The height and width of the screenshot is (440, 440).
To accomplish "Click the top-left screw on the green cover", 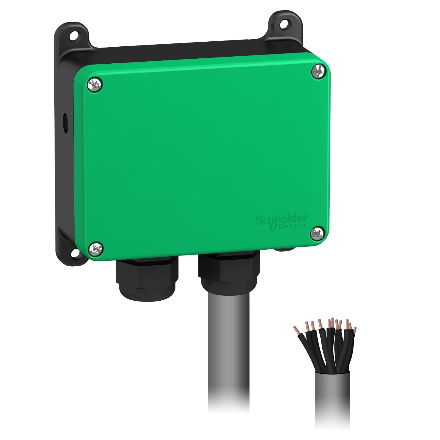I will point(95,84).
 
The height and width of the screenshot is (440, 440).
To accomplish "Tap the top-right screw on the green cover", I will point(318,72).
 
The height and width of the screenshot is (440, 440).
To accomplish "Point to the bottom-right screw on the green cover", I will point(317,233).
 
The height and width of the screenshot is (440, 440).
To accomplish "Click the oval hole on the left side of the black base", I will point(65,120).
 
